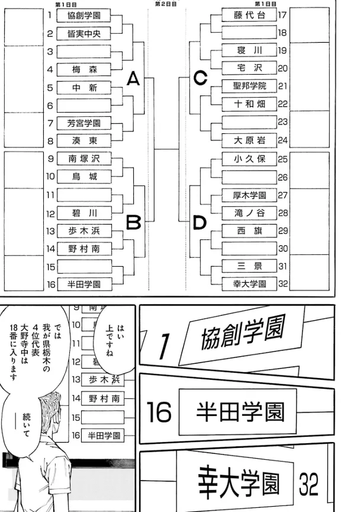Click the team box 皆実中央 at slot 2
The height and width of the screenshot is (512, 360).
[83, 34]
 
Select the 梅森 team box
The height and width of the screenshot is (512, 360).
[83, 70]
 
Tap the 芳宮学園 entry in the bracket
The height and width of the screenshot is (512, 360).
[83, 123]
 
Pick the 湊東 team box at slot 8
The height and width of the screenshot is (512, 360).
[83, 141]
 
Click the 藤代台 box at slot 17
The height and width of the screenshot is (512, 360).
[250, 15]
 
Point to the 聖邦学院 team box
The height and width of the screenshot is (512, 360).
[250, 86]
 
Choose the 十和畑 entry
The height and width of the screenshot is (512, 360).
[250, 104]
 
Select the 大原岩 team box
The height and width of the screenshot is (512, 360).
[250, 140]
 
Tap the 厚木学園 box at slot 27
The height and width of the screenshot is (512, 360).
[250, 194]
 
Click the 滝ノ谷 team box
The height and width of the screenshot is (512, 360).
[250, 212]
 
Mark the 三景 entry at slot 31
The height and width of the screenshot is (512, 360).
[250, 265]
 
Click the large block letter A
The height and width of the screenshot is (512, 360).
[134, 78]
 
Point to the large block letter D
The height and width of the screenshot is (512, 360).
[200, 223]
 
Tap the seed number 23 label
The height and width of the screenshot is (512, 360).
[282, 121]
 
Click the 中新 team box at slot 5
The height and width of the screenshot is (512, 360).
[83, 88]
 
